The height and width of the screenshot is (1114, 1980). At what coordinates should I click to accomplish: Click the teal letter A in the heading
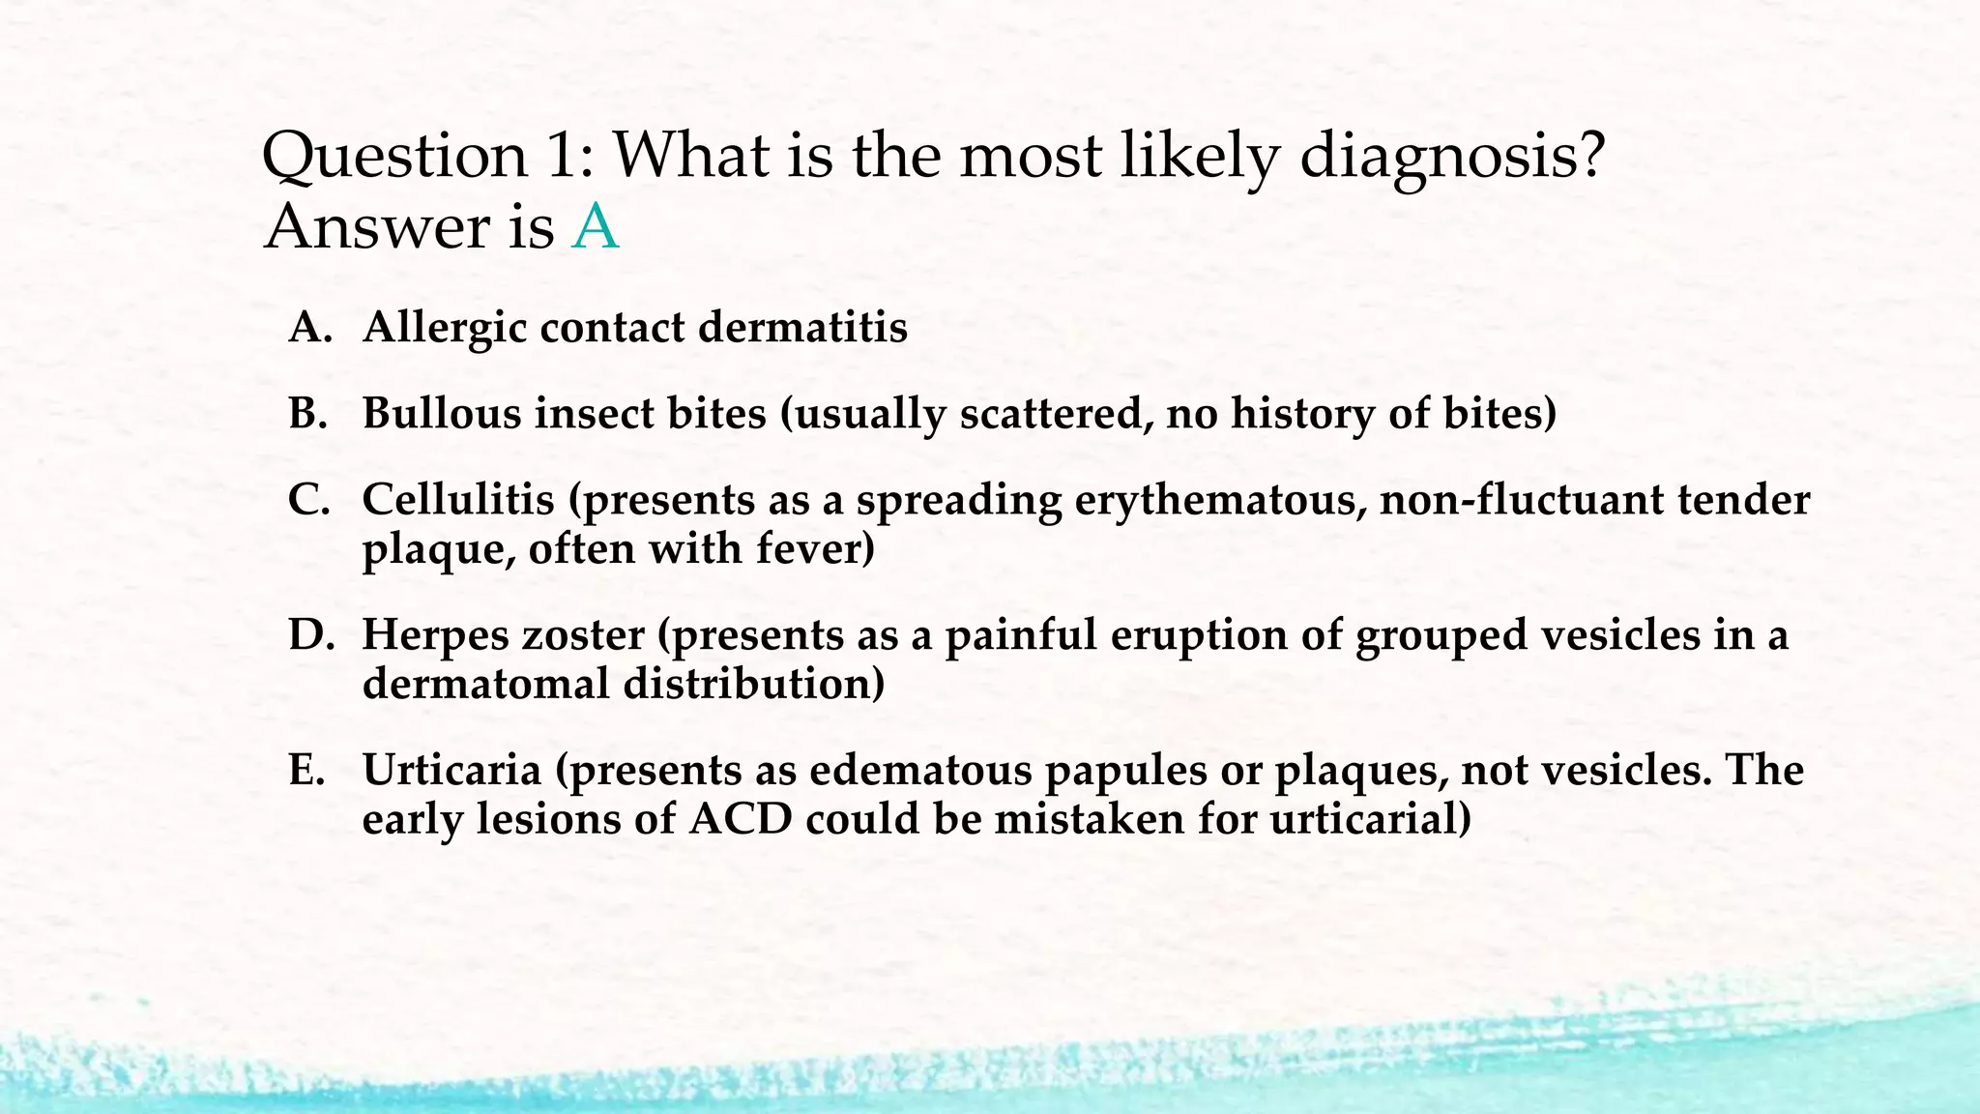pos(595,228)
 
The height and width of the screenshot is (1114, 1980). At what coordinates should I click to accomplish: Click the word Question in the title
pos(394,157)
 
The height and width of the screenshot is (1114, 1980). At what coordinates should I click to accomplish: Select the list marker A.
pos(310,328)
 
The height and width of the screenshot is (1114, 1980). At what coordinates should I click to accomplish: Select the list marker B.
pos(309,414)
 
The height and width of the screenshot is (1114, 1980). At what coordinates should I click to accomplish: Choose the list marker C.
pos(309,500)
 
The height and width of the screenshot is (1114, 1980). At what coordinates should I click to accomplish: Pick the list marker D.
pos(310,635)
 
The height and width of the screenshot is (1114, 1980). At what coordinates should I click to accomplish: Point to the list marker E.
pos(308,771)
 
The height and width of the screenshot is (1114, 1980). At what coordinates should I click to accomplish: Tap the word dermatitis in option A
pos(802,328)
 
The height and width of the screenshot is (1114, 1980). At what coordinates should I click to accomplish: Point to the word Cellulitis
pos(458,500)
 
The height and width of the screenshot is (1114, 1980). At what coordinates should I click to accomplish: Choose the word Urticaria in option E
pos(451,771)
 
